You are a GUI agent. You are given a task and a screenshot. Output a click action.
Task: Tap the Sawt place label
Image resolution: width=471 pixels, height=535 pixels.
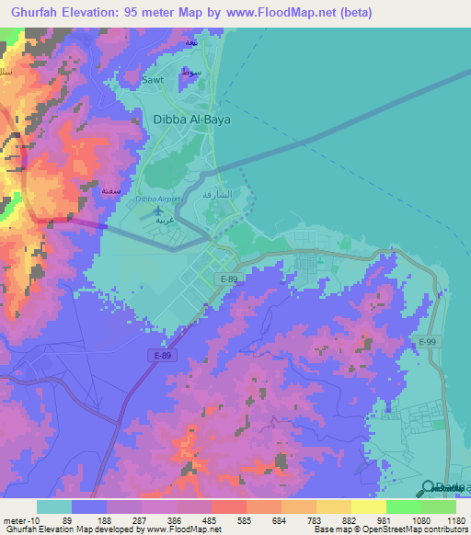pos(153,80)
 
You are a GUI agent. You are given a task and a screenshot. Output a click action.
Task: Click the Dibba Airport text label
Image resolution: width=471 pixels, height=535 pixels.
pos(158,199)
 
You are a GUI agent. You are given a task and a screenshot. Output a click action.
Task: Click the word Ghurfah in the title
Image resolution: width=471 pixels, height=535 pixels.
pos(38,12)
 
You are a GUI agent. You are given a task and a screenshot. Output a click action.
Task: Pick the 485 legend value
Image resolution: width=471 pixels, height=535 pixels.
pos(212,519)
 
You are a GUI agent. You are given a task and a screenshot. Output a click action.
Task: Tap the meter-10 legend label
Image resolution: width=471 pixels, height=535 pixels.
pos(18,519)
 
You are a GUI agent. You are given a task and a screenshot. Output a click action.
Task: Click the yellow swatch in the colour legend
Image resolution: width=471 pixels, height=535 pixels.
pos(368,507)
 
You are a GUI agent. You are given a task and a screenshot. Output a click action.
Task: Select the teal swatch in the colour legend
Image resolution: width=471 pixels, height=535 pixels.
pos(54,507)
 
